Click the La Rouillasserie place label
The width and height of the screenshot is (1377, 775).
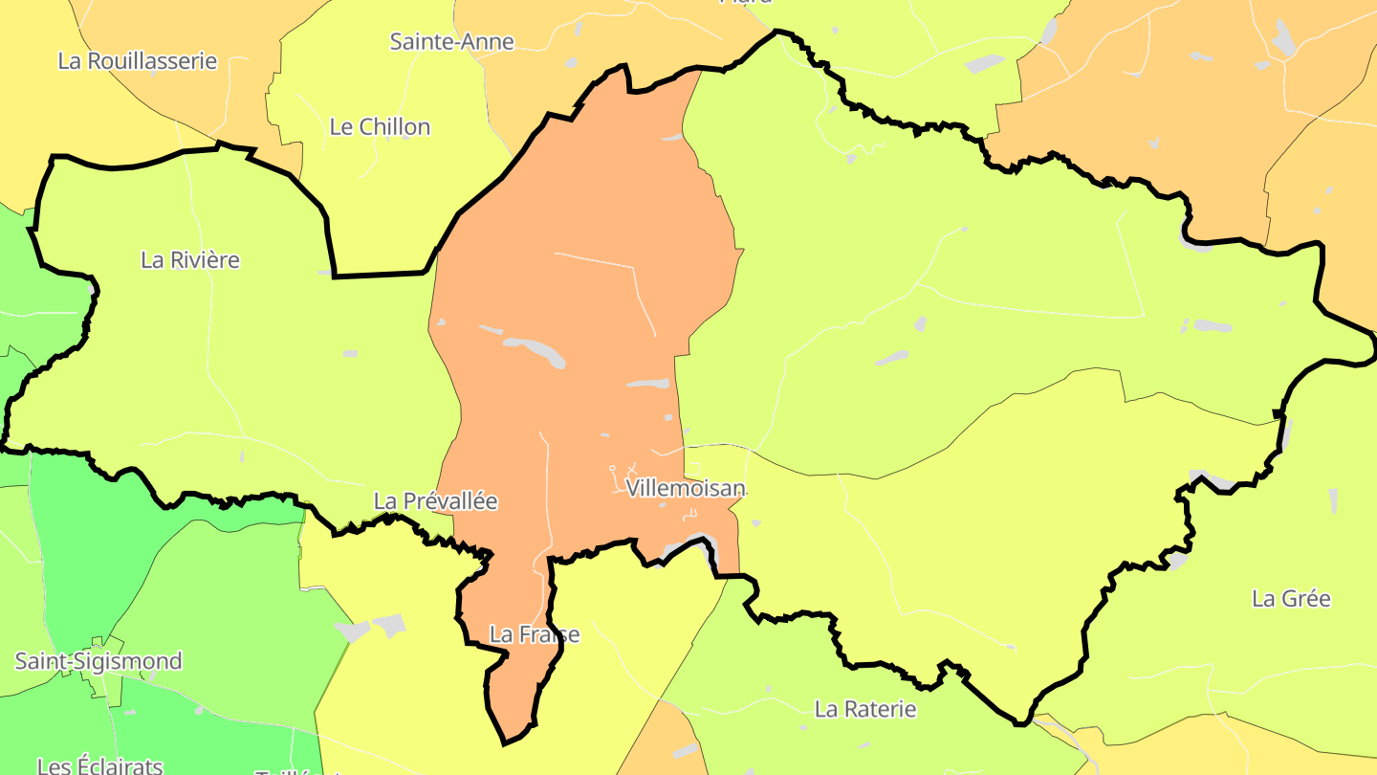tap(138, 61)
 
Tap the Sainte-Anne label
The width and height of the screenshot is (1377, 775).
tap(452, 42)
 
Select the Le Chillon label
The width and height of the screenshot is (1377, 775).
tap(380, 127)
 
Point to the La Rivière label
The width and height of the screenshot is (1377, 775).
tap(190, 260)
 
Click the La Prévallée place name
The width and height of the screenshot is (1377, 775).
tap(435, 501)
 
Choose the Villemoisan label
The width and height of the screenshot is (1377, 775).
tap(685, 489)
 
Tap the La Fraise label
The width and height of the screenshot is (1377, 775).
tap(534, 634)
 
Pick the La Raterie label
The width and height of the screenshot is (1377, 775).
tap(865, 710)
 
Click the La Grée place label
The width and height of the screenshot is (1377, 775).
tap(1291, 599)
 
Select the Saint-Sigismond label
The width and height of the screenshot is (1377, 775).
tap(98, 662)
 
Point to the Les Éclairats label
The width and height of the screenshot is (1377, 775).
tap(100, 766)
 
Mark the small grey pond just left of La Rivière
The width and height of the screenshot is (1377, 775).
tap(92, 288)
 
